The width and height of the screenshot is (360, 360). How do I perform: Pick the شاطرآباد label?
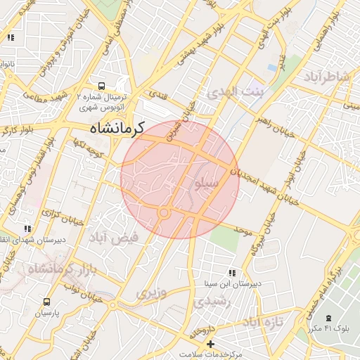(x=326, y=79)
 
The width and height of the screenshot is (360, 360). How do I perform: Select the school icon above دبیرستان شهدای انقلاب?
(x=27, y=229)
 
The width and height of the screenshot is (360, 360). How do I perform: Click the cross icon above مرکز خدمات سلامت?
(x=210, y=344)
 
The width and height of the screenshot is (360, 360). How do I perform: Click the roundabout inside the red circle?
(x=164, y=212)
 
